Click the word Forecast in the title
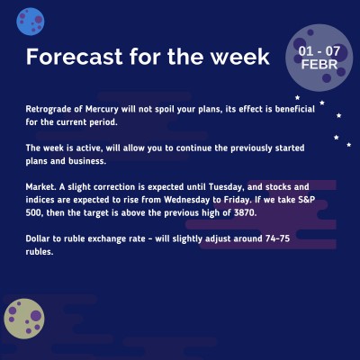72,57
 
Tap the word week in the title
238,57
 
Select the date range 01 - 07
319,50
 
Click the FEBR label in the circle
319,65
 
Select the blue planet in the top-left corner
31,16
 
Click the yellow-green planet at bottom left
25,319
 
